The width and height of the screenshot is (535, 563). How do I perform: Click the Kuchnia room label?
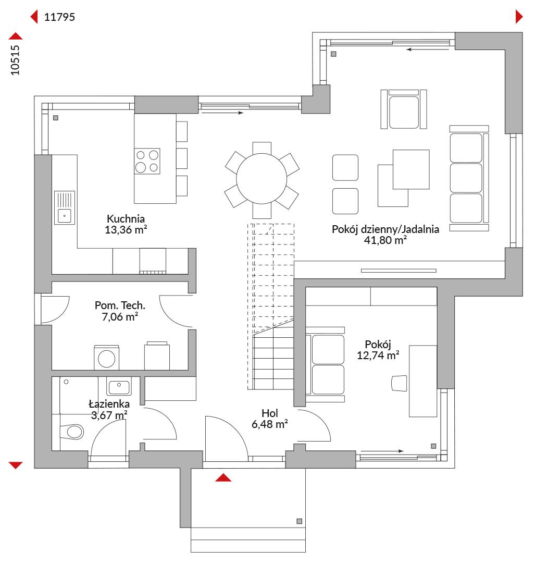126,218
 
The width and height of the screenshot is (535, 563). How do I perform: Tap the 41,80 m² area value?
385,240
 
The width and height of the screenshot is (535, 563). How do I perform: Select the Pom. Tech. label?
120,305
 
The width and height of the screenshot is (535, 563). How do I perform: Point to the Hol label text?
269,413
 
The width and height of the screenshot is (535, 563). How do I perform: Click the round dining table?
262,178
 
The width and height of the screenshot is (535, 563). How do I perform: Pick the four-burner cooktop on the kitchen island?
147,161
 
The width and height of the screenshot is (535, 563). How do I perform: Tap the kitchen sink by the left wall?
65,208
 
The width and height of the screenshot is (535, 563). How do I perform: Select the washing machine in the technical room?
107,358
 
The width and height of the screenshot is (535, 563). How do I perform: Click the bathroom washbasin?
119,386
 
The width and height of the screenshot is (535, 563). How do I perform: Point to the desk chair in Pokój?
399,383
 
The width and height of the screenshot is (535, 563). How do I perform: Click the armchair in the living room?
404,109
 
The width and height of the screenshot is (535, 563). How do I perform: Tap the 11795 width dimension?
59,17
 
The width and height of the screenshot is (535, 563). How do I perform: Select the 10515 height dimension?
15,60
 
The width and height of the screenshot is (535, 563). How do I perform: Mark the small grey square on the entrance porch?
299,521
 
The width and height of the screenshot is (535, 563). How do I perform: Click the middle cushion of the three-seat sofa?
466,178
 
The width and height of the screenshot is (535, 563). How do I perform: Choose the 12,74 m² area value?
378,356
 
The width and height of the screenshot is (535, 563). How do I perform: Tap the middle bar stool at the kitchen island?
182,158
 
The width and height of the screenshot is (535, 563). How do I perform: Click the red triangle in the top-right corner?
519,17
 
